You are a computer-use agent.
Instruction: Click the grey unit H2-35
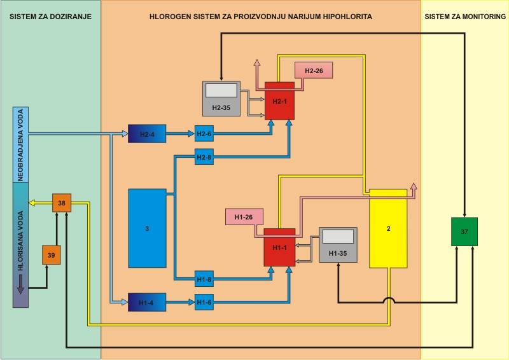pos(221,99)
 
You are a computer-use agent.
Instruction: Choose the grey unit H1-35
pos(338,245)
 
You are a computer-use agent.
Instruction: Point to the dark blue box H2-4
pos(146,134)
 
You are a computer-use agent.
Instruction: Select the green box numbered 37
pos(464,232)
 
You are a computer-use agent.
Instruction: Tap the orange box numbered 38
pos(62,204)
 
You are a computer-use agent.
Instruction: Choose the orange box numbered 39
pos(52,254)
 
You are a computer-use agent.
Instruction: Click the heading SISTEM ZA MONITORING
pos(464,15)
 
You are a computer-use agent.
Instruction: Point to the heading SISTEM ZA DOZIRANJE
pos(50,15)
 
